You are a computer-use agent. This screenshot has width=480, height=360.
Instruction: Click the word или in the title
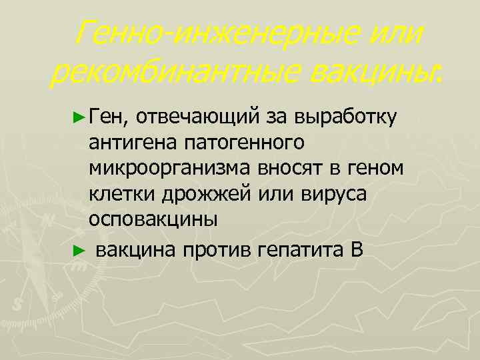click(x=393, y=33)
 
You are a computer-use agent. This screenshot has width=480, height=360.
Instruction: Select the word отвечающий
click(x=203, y=118)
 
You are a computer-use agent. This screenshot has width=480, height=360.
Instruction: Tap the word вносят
click(x=289, y=169)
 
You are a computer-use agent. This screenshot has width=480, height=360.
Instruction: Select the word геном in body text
click(x=374, y=169)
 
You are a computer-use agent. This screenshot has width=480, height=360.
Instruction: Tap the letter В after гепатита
click(x=354, y=251)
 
